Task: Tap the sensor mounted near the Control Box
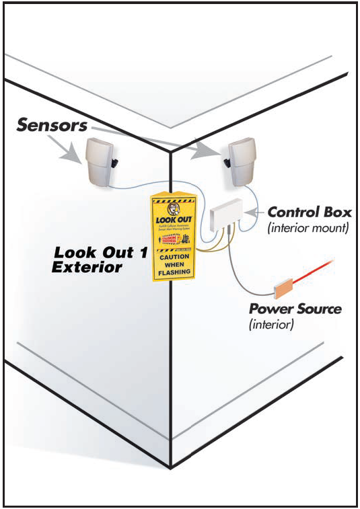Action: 240,162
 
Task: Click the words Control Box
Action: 310,212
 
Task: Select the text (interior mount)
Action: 307,228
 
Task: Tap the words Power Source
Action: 295,310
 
